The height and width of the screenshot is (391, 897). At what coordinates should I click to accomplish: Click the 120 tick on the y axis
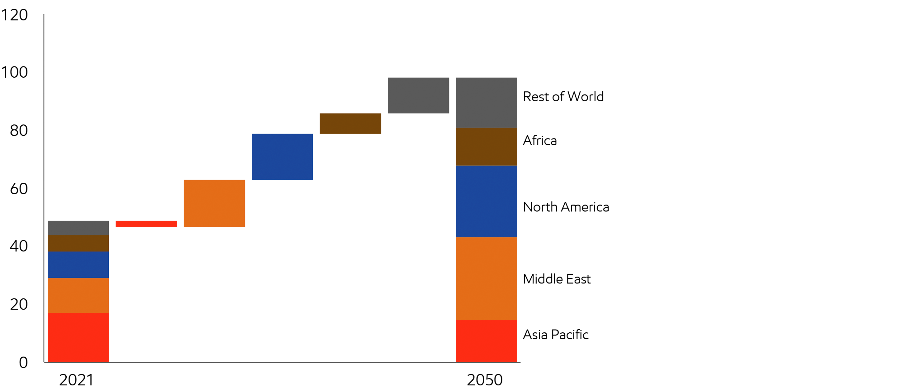pos(15,15)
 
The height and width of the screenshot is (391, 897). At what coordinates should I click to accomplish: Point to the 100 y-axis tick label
pos(15,72)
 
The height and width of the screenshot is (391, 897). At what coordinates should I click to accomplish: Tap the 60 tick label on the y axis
pos(19,189)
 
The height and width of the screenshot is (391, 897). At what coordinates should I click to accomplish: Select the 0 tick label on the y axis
pos(23,362)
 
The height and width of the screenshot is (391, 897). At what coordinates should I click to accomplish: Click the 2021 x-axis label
pos(76,380)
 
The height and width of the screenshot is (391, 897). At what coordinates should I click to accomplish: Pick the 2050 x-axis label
pos(484,380)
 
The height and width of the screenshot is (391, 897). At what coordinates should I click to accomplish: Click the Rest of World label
pos(563,97)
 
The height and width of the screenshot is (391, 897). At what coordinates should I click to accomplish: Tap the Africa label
pos(540,140)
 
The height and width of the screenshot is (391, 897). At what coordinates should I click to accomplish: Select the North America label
pos(566,207)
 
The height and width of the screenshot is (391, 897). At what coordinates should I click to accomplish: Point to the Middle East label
pos(557,279)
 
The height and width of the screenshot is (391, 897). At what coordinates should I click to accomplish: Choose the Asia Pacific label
pos(556,335)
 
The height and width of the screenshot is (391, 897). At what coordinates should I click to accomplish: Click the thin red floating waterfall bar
pos(146,224)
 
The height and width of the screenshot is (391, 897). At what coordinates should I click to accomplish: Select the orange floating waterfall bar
pos(214,203)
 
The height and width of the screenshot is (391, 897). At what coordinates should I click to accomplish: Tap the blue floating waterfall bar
pos(282,157)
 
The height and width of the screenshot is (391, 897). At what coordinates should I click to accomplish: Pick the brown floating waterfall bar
pos(350,123)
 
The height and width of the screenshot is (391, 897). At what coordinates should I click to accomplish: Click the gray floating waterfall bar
pos(418,95)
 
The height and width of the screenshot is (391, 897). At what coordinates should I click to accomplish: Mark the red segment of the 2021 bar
pos(78,337)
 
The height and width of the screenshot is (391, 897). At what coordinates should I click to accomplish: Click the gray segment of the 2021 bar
pos(78,228)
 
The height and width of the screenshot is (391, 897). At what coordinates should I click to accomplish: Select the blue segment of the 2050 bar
pos(486,201)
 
